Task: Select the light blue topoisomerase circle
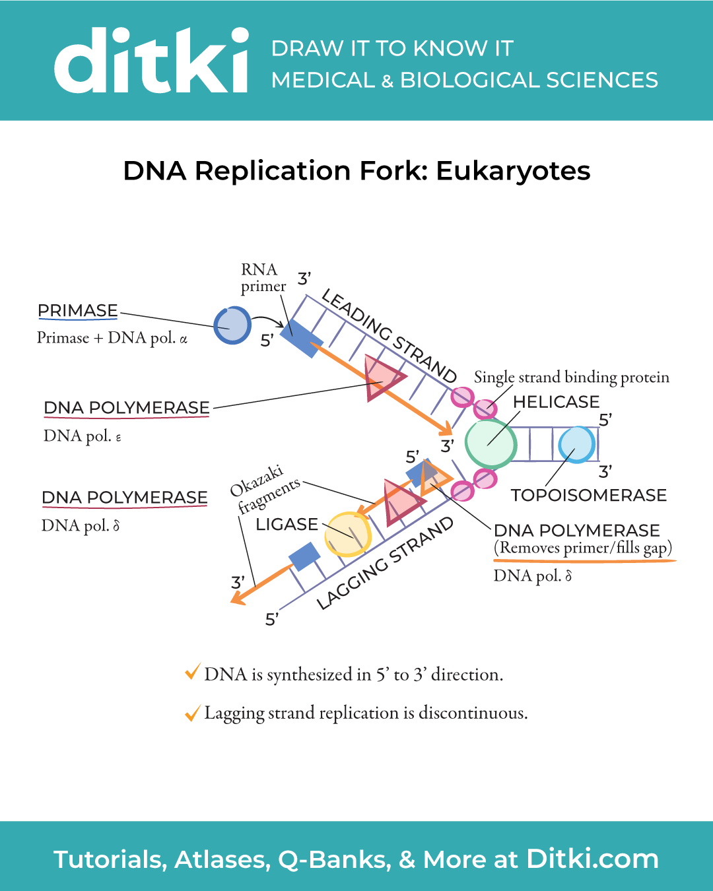coord(577,445)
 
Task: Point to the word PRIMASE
coord(77,310)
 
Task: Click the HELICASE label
coord(556,402)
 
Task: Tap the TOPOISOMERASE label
coord(589,495)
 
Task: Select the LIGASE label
coord(287,525)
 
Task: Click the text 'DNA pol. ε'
coord(83,436)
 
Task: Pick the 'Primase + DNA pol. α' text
coord(112,338)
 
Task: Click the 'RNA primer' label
coord(263,278)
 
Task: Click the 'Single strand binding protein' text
coord(572,377)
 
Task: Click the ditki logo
coord(152,61)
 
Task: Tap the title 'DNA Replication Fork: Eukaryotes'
coord(356,170)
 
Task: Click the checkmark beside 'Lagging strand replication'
coord(193,713)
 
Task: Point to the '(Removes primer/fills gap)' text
coord(582,548)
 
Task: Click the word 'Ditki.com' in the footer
coord(592,859)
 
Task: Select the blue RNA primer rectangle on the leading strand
coord(302,339)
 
